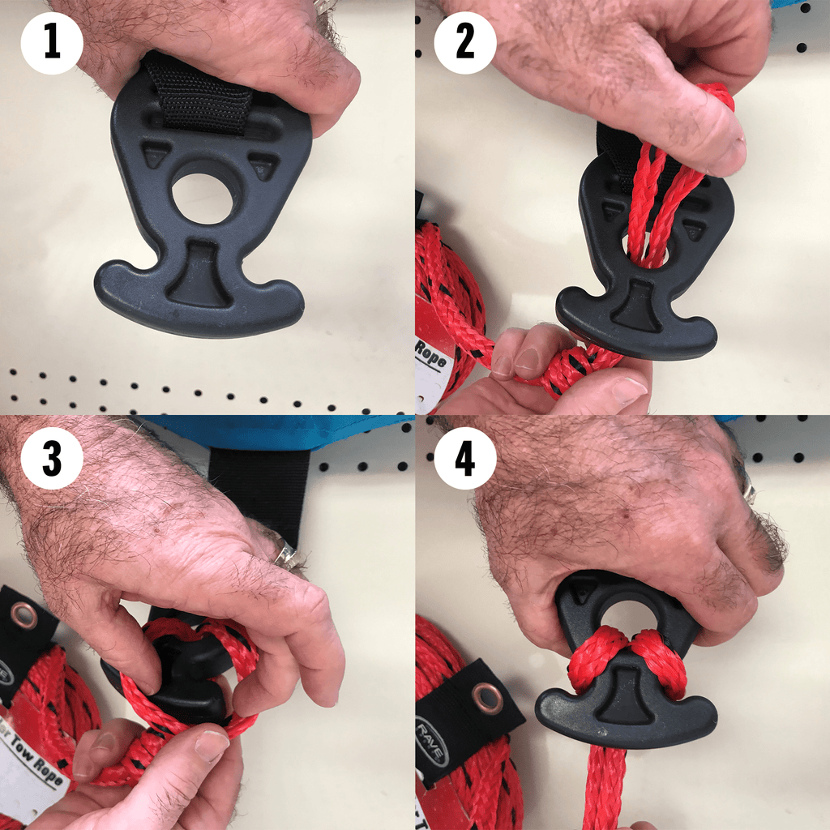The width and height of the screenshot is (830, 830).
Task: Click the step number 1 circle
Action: coord(53,41)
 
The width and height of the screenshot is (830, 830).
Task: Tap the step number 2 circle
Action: coord(465,41)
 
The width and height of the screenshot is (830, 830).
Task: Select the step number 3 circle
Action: coord(53,460)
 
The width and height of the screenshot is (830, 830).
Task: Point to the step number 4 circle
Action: coord(465,460)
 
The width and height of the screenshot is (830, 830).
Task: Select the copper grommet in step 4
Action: coord(488,697)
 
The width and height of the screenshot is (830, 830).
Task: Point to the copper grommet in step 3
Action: coord(24,617)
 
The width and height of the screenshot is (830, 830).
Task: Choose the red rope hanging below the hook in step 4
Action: coord(604,786)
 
